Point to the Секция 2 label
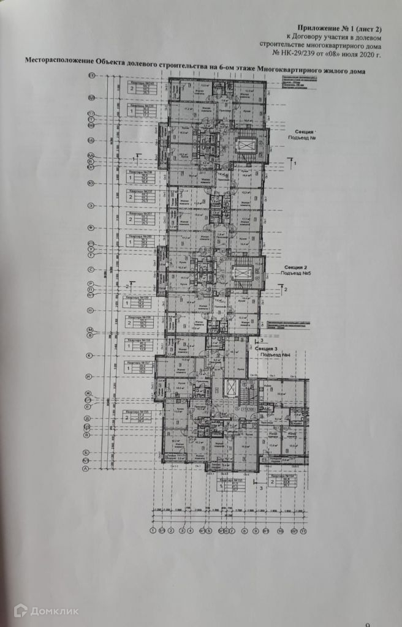click(x=296, y=268)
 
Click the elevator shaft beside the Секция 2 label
click(x=244, y=272)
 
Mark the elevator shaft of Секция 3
click(x=231, y=387)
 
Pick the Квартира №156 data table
click(x=140, y=417)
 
